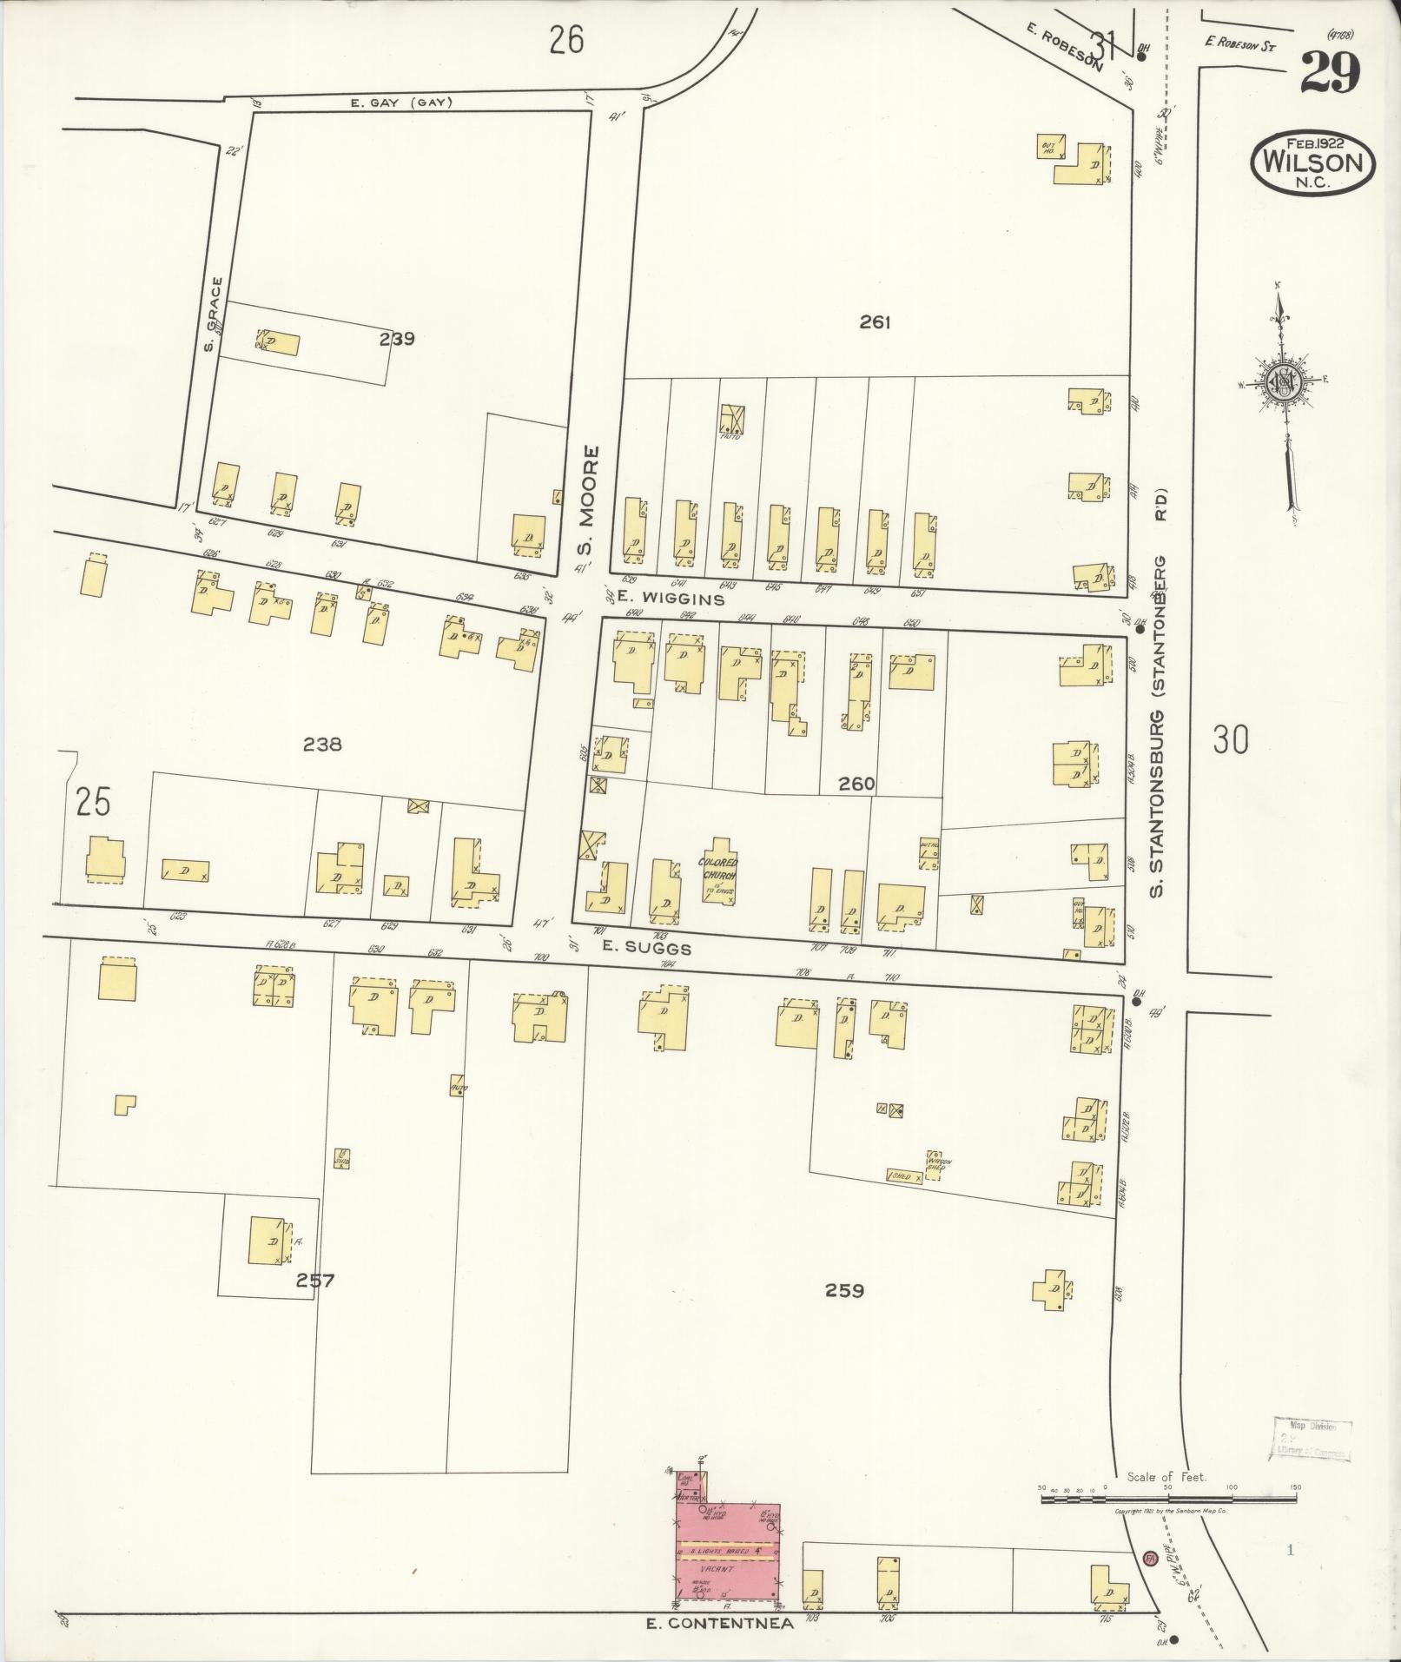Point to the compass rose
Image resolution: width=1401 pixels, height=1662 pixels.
[x=1282, y=385]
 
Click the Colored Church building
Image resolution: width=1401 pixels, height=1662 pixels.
[x=718, y=871]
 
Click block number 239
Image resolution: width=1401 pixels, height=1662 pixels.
[x=397, y=339]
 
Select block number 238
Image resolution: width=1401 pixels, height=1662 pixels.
[x=322, y=744]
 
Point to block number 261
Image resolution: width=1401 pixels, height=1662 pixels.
[x=875, y=322]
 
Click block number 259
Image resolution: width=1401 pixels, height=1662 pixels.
[x=844, y=1290]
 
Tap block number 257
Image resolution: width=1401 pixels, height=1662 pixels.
[x=314, y=1280]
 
